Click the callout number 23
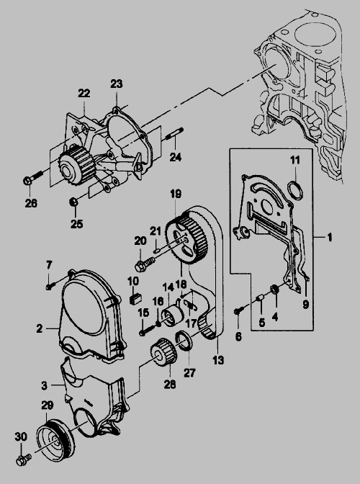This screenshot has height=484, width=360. click(117, 84)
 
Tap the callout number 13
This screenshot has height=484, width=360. click(218, 360)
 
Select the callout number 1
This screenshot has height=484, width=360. click(330, 238)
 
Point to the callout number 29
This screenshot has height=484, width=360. click(47, 406)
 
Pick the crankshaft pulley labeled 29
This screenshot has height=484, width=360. click(55, 440)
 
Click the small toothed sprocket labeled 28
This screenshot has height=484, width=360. click(163, 352)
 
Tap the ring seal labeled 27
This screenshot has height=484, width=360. click(184, 341)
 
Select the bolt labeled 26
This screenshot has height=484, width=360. click(32, 177)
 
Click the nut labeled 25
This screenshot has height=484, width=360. click(73, 202)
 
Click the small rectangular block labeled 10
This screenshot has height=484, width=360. click(135, 298)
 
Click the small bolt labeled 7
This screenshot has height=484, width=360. click(50, 286)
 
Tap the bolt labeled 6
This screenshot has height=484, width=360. click(240, 310)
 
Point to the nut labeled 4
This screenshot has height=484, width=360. click(275, 290)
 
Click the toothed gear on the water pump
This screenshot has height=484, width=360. click(76, 165)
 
